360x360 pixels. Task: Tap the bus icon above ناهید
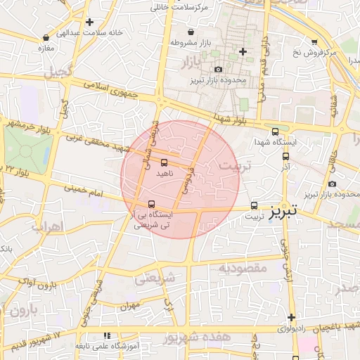164,162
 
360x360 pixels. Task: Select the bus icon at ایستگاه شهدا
274,131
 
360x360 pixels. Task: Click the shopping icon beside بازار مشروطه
191,32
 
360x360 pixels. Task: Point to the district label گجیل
58,72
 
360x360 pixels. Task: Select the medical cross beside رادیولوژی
290,317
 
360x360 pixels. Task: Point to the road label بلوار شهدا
233,117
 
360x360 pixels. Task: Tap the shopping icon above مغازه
46,37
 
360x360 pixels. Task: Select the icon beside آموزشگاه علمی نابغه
106,336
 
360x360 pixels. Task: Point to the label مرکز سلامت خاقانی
181,7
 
